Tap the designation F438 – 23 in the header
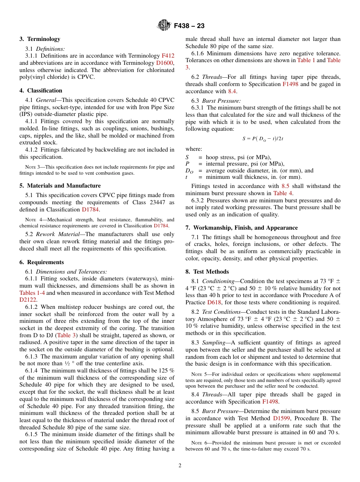[x=189, y=26]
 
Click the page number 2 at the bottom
[x=180, y=466]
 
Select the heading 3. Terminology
[x=40, y=39]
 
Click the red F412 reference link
[x=168, y=56]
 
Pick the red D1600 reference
[x=165, y=63]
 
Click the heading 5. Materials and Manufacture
[x=60, y=186]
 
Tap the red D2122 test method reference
[x=28, y=300]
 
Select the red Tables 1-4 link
[x=32, y=293]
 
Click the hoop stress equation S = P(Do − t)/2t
[x=263, y=139]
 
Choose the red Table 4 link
[x=280, y=193]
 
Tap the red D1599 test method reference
[x=282, y=418]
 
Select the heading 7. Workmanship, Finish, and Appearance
[x=241, y=228]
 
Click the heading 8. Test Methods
[x=207, y=272]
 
